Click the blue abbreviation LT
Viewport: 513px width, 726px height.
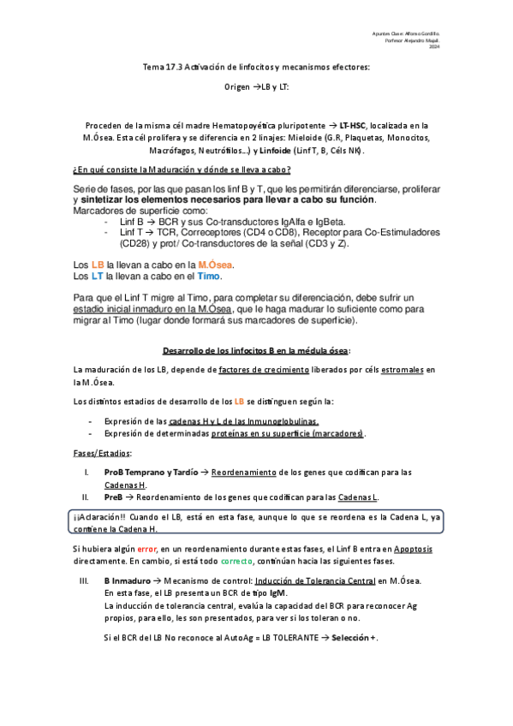pos(98,277)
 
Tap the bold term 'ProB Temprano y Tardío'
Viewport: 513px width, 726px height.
pos(151,472)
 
